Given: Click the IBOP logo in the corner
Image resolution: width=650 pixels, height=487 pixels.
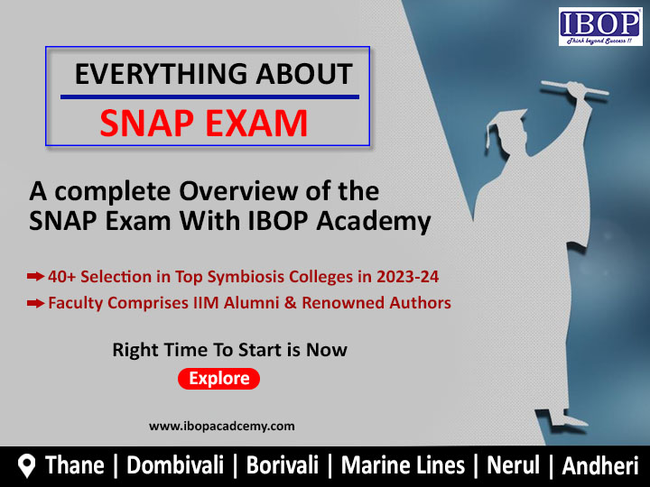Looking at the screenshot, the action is tap(600, 27).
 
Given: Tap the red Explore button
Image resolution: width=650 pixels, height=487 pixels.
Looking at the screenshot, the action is tap(218, 379).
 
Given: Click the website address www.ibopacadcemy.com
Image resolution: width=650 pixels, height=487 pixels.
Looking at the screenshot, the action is tap(222, 426).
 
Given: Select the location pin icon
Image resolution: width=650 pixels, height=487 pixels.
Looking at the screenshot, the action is tap(27, 466).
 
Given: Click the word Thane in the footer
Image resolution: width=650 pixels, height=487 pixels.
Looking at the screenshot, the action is tap(75, 465).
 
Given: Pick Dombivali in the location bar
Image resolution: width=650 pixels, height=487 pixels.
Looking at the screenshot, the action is tap(175, 465).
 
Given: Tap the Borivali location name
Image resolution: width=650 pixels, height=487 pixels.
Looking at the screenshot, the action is tap(283, 465).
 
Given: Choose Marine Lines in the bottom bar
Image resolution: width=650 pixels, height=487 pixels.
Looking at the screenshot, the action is tap(403, 465).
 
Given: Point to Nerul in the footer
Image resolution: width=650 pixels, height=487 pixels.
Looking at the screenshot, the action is tap(513, 465).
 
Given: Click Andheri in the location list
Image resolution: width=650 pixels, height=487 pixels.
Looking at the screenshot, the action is tap(600, 465).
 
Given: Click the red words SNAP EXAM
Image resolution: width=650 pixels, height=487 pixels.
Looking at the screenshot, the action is tap(203, 123).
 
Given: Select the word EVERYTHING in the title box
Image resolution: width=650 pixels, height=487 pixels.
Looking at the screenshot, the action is tap(162, 74).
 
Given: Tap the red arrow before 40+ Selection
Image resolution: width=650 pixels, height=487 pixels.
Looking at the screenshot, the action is tap(35, 276).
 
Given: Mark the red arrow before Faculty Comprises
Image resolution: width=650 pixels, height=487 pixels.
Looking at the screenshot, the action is tap(35, 303).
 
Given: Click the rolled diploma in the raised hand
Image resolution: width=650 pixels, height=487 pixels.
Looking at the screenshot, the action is tap(574, 87).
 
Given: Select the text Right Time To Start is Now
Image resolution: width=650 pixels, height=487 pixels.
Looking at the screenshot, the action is tap(229, 350).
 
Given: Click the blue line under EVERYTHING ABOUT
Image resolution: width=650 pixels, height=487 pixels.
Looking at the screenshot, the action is tap(209, 96).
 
